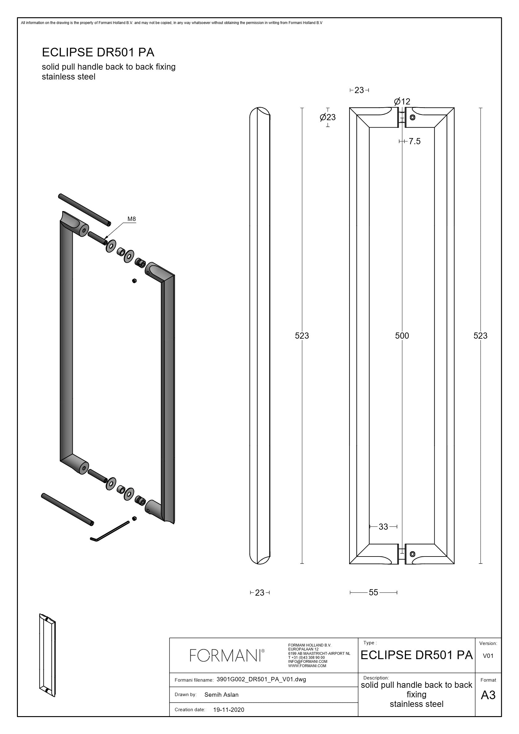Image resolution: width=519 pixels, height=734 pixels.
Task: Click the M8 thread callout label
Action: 131,219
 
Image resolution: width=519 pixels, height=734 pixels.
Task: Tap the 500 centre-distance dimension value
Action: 402,336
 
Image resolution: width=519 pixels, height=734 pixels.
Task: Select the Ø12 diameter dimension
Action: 402,102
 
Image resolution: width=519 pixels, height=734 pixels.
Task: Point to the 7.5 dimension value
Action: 415,141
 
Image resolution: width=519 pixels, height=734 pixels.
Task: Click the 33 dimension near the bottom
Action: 383,527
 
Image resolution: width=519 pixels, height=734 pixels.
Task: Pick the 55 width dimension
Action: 374,592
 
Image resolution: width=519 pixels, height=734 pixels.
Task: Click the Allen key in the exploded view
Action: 110,531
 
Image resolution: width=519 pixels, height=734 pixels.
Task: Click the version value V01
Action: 488,656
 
